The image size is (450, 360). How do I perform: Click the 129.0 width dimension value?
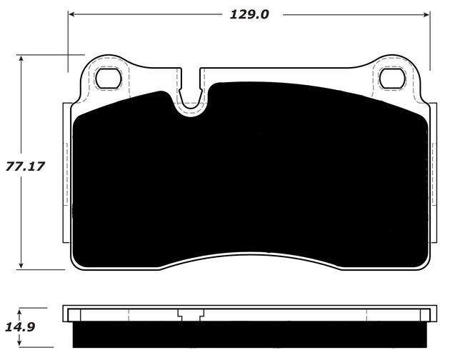click(x=249, y=14)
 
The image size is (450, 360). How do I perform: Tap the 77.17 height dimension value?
click(x=25, y=166)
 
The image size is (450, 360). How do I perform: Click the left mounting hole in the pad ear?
click(x=109, y=78)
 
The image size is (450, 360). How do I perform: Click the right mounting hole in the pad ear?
click(x=391, y=78)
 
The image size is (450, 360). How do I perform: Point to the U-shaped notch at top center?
click(x=190, y=96)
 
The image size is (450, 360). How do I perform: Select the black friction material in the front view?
click(x=250, y=179)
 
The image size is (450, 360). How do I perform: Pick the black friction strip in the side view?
click(x=250, y=331)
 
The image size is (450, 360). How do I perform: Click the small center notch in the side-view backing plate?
click(x=190, y=315)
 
